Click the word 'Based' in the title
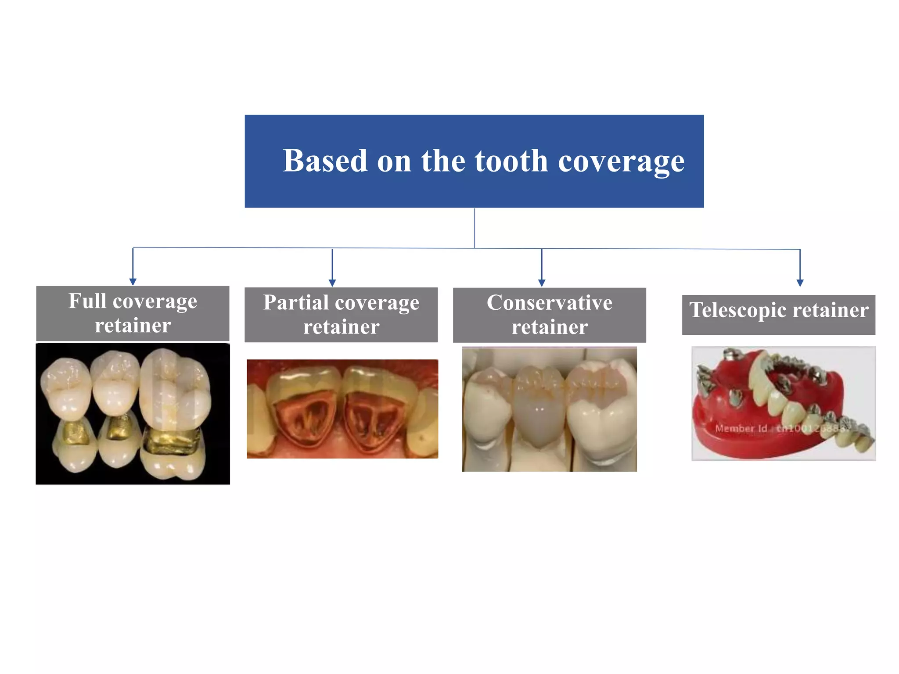click(325, 161)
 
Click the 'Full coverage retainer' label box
click(133, 313)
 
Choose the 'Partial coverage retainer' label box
click(341, 315)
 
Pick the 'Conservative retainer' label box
click(549, 315)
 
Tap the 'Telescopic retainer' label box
click(778, 315)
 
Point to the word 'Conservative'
click(549, 303)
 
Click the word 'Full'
click(87, 301)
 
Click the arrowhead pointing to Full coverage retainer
click(133, 281)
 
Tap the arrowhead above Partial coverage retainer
click(332, 283)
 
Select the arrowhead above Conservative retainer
click(542, 283)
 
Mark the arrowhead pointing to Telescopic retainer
click(800, 283)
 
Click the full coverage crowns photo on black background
click(133, 413)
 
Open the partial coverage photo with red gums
click(342, 409)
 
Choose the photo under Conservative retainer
click(549, 409)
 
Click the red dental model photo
click(783, 403)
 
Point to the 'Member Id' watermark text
click(741, 428)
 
